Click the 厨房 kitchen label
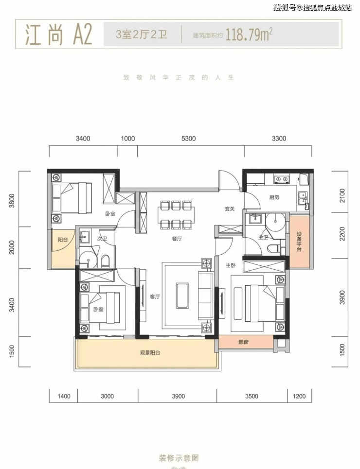click(x=274, y=197)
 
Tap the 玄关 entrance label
click(x=230, y=209)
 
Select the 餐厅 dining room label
click(x=177, y=239)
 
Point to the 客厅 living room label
click(x=155, y=297)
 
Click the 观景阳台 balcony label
click(x=150, y=353)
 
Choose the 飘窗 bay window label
click(x=244, y=342)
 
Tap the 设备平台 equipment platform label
click(x=299, y=242)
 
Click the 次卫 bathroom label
click(x=102, y=239)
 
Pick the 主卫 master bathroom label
click(x=263, y=238)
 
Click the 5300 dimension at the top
click(x=188, y=139)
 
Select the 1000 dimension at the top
click(x=128, y=139)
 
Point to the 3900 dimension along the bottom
click(x=178, y=396)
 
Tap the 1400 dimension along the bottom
click(x=64, y=396)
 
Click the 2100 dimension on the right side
click(x=342, y=195)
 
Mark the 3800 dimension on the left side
click(x=12, y=201)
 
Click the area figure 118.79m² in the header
click(x=249, y=35)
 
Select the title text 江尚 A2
click(x=59, y=35)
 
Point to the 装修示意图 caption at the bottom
click(x=179, y=458)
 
